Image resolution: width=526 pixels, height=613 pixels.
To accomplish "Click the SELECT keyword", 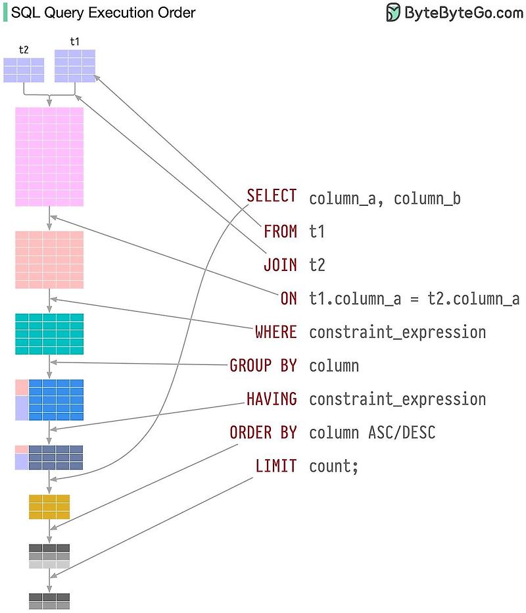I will (x=272, y=196).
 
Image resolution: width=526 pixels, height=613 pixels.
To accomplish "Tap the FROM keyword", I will (x=280, y=232).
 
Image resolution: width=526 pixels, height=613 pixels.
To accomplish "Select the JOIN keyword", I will (x=280, y=265).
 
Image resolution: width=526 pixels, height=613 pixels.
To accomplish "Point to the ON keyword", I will (x=289, y=299).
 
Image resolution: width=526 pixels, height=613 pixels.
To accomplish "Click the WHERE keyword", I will (x=275, y=332).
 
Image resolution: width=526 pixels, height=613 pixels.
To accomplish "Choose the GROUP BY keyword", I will (x=263, y=366).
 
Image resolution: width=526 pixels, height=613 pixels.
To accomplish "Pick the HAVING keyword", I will (x=272, y=399).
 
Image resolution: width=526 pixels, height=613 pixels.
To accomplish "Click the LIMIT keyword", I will (x=275, y=466).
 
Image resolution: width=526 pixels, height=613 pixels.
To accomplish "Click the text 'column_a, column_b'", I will (x=385, y=198).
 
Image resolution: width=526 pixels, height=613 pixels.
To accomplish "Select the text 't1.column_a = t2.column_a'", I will (x=414, y=299).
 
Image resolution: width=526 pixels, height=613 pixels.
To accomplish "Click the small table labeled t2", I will (x=24, y=70).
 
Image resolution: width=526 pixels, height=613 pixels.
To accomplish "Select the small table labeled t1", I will (x=75, y=66).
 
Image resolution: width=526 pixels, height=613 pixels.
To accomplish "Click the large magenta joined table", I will (x=49, y=157).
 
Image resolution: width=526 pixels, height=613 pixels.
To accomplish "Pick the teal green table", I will (x=49, y=334).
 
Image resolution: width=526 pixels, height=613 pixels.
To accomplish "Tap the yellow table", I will (x=49, y=506).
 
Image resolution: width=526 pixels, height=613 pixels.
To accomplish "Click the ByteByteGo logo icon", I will (x=393, y=12).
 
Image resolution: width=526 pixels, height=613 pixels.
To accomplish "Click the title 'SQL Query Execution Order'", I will (x=103, y=12).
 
